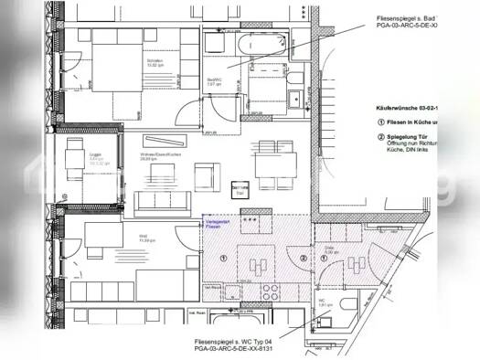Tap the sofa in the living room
[161, 201]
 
